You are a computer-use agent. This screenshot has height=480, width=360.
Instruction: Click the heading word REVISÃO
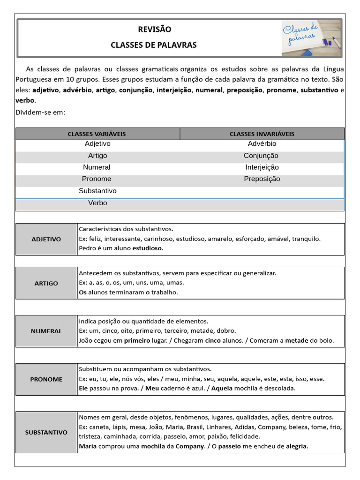tap(154, 30)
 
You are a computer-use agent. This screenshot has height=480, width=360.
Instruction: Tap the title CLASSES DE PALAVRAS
tap(154, 45)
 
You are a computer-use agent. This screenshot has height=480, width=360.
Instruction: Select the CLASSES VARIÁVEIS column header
tap(97, 134)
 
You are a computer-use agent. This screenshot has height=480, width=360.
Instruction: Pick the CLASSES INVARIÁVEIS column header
tap(262, 134)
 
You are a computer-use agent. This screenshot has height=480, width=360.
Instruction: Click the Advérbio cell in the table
tap(262, 144)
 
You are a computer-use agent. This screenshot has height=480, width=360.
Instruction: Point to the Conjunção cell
tap(261, 156)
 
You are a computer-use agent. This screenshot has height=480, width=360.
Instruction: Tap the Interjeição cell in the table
tap(262, 167)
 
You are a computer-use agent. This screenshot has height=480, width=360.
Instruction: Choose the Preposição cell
tap(262, 179)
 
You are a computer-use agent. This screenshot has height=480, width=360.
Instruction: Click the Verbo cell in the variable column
tap(97, 203)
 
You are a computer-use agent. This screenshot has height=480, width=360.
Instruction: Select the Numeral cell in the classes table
tap(97, 167)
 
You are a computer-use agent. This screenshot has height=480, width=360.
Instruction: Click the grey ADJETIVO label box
tap(46, 239)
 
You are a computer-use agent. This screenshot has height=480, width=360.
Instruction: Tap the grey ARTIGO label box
tap(46, 283)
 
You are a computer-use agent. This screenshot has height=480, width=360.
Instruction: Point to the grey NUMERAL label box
tap(46, 331)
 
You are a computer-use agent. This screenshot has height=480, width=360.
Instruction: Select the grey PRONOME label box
tap(46, 379)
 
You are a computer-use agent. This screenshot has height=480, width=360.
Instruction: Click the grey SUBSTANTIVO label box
tap(46, 432)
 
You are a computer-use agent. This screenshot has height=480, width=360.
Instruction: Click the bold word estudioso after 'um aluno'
tap(148, 248)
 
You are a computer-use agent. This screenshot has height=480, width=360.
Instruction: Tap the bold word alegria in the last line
tap(297, 447)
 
